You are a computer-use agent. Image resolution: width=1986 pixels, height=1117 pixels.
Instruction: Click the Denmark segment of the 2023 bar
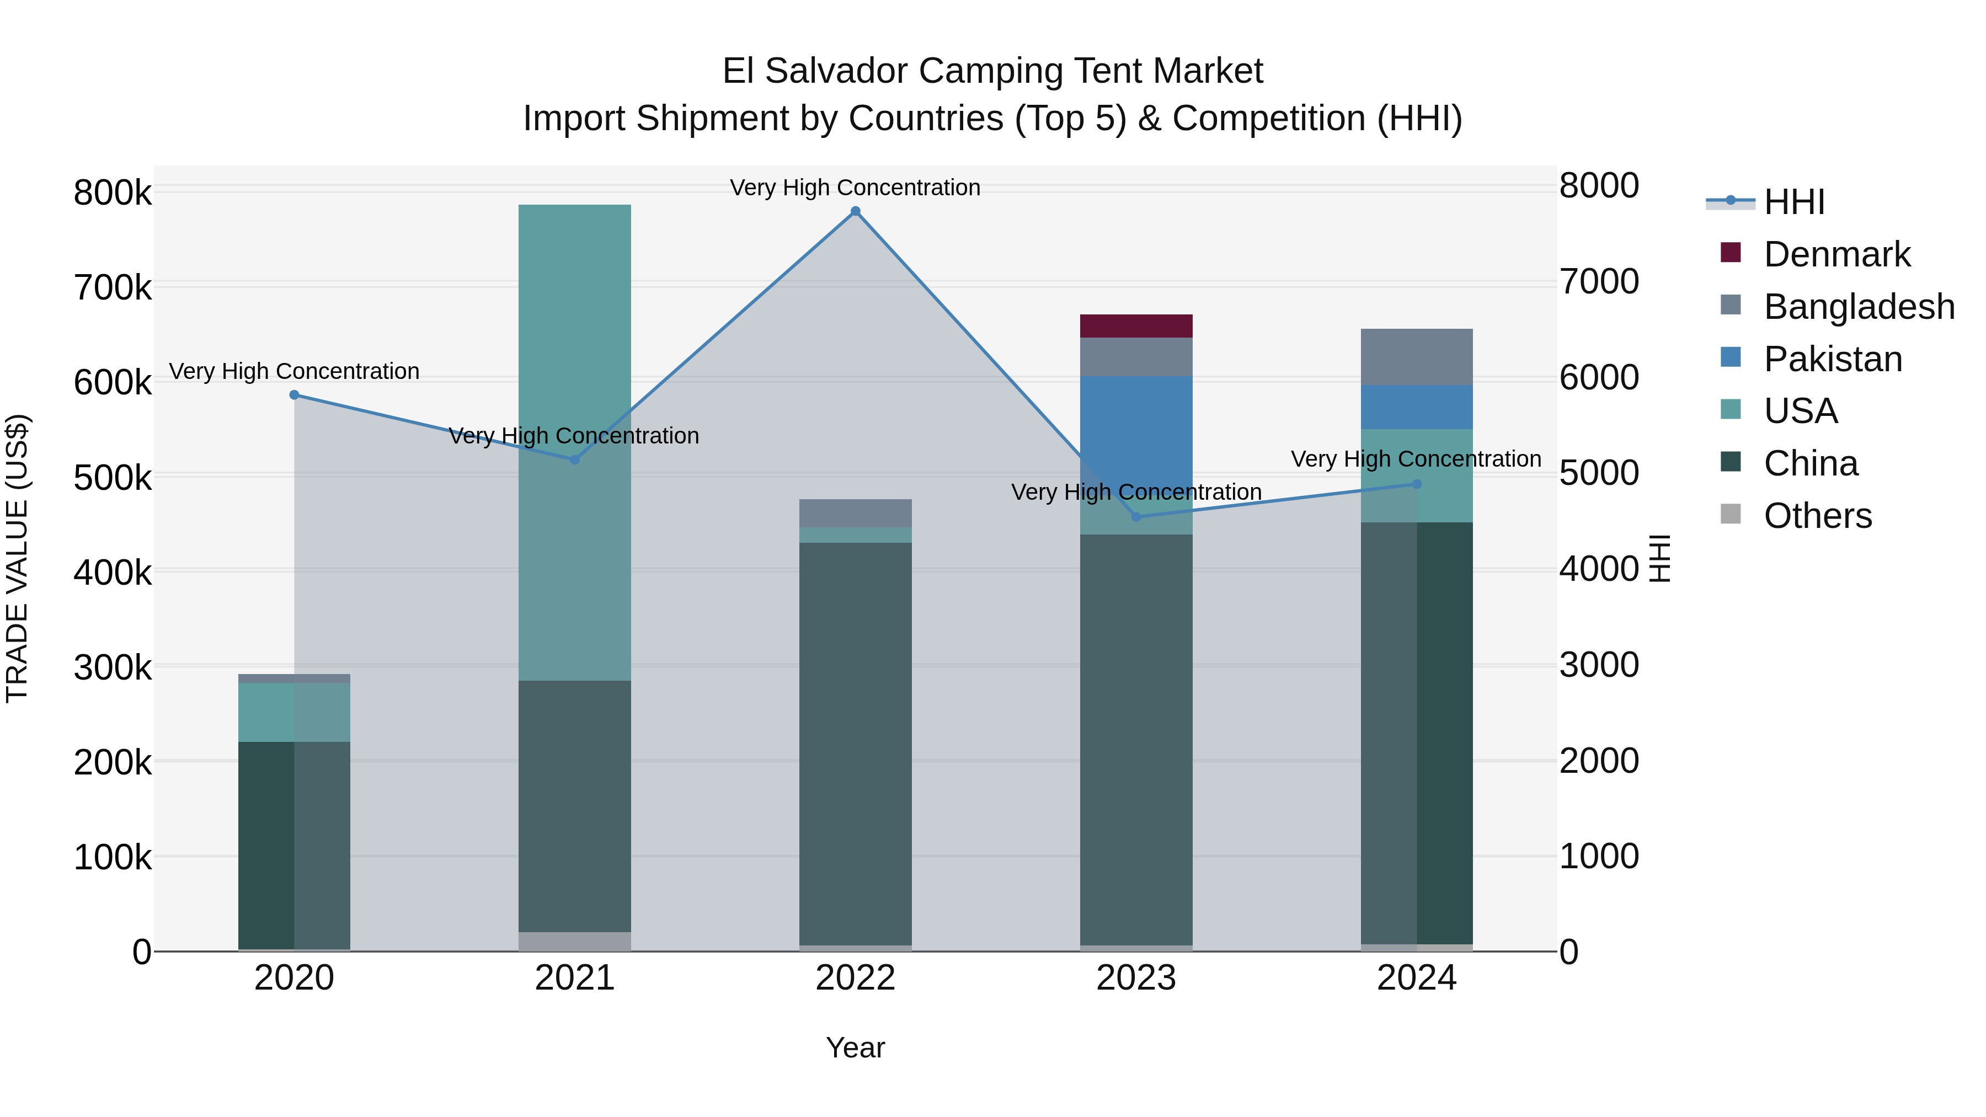pos(1136,326)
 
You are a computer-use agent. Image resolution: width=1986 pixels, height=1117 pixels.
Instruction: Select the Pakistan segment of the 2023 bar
pos(1136,420)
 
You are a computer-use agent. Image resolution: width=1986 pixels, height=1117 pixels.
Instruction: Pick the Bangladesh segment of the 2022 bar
pos(855,514)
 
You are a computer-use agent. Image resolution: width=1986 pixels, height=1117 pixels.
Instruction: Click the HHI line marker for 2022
pos(855,211)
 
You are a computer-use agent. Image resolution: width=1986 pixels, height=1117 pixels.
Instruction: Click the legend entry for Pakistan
pos(1833,359)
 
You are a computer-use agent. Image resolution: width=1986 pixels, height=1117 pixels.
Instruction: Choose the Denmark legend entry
pos(1836,254)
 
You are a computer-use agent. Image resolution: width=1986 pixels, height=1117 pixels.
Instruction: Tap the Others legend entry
pos(1817,516)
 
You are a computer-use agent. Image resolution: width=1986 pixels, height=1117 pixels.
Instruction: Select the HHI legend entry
pos(1794,202)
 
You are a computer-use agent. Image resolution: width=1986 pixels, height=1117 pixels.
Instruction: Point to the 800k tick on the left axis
pos(113,193)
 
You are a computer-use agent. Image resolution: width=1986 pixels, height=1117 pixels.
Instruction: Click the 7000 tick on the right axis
pos(1598,281)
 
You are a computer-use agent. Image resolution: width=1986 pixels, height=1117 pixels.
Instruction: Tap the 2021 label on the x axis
pos(574,978)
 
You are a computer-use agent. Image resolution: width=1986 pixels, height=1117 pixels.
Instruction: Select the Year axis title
pos(855,1047)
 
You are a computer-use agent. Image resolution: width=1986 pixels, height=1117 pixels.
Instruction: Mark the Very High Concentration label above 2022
pos(855,188)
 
